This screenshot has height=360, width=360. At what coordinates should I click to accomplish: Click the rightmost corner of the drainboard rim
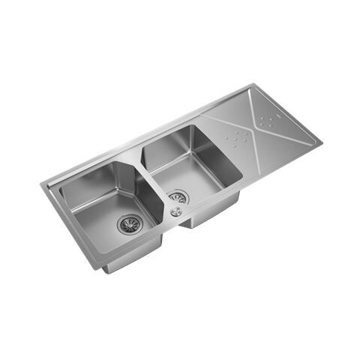pos(322,139)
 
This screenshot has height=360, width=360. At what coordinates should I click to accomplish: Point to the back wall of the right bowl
pos(169,142)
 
